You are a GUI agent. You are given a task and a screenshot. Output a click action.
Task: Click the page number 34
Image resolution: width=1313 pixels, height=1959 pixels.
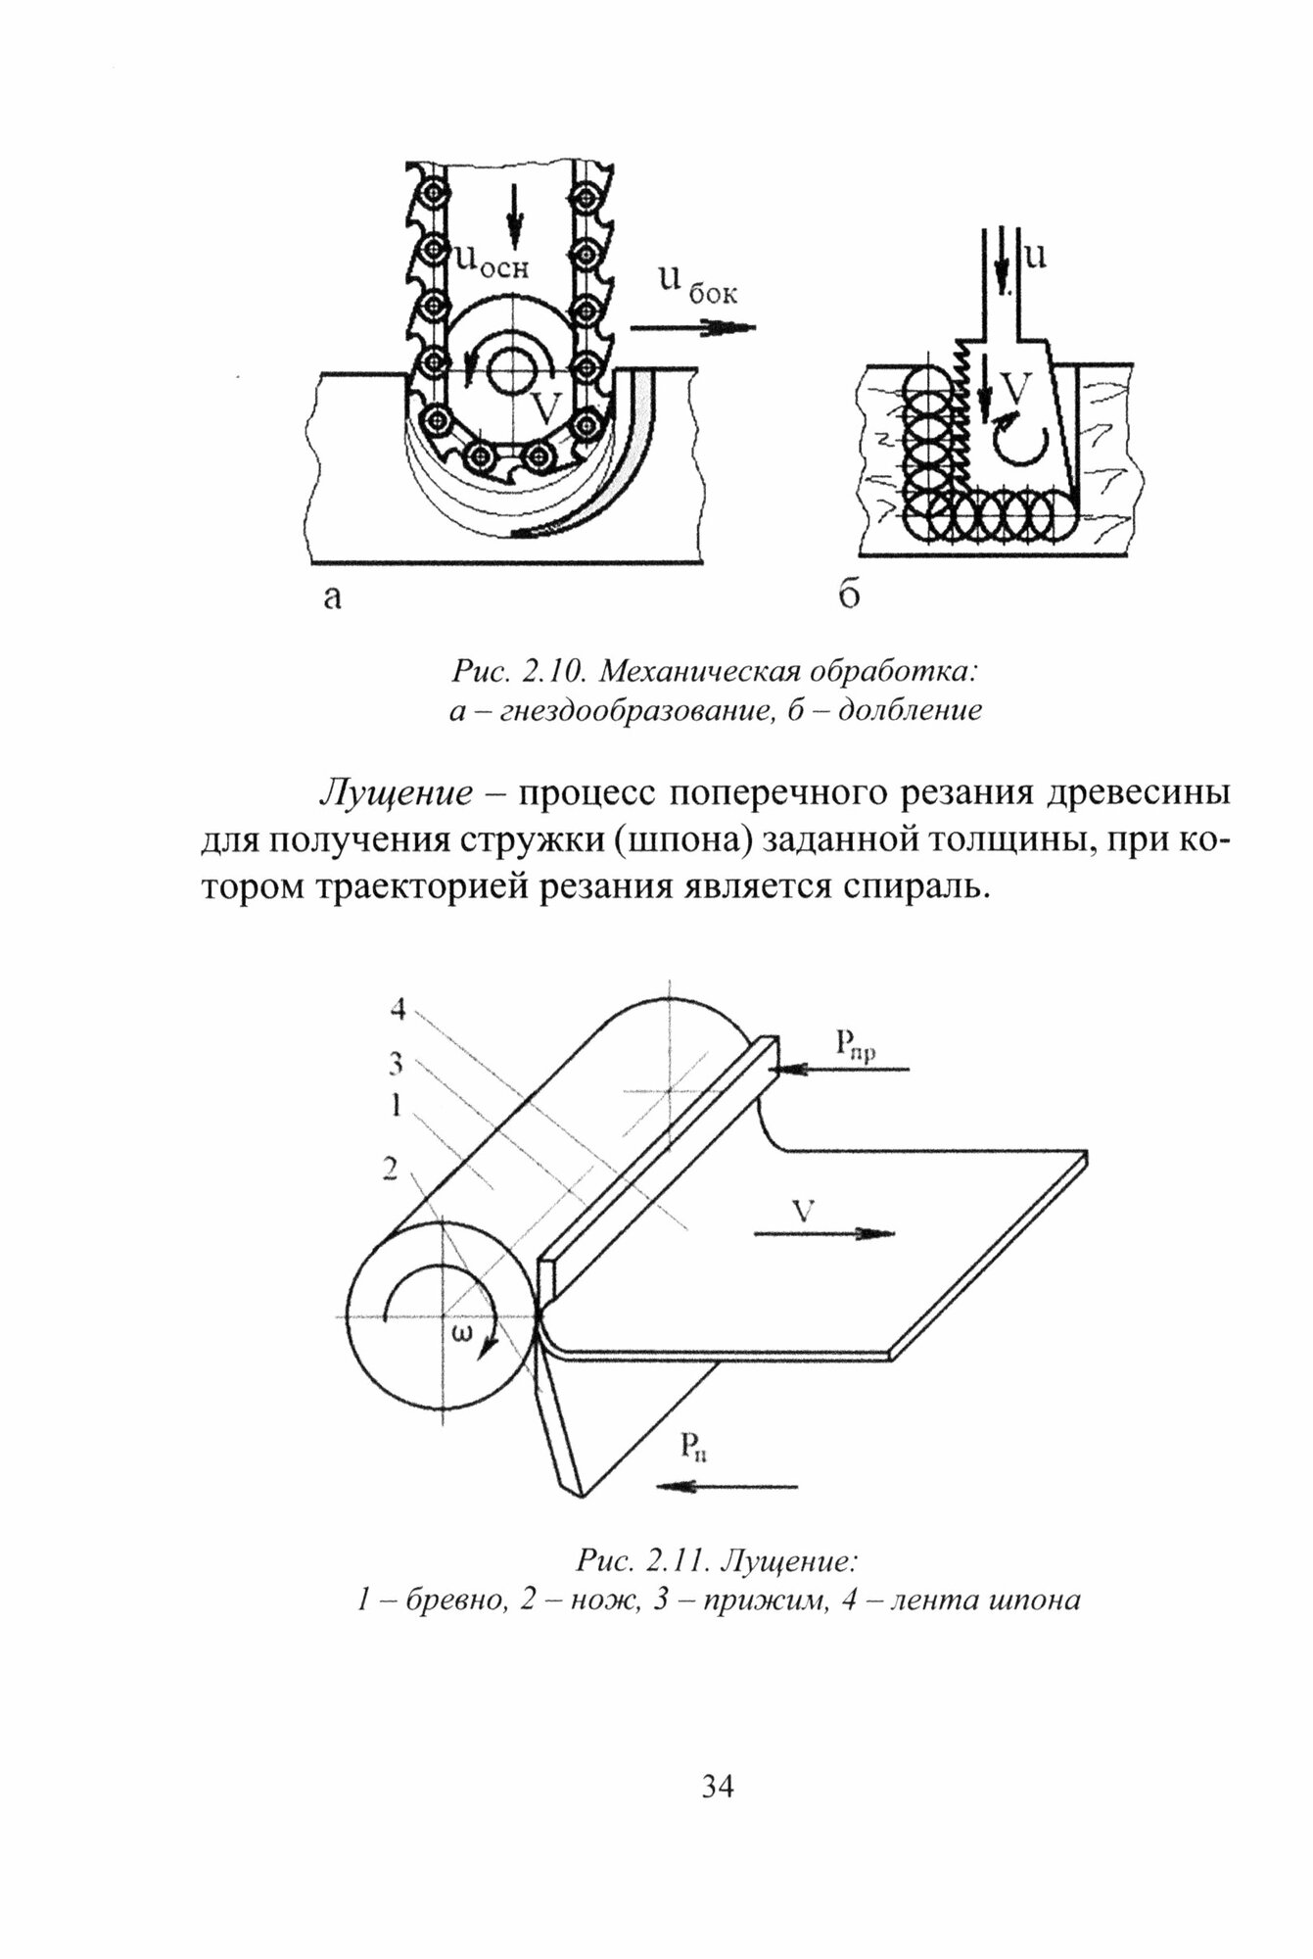[718, 1787]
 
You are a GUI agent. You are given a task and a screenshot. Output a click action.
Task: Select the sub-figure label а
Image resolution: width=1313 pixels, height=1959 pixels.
[333, 597]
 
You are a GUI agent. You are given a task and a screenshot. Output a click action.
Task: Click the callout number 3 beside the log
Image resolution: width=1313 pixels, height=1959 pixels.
[397, 1062]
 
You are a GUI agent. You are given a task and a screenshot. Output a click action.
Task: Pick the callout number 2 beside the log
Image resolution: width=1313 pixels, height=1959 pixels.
[391, 1170]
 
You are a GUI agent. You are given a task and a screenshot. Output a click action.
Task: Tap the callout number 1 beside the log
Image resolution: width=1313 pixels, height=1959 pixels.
[397, 1106]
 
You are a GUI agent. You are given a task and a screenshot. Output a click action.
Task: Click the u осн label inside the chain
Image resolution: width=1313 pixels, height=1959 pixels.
[492, 261]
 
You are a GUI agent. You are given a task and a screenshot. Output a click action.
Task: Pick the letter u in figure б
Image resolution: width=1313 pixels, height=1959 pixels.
[1035, 256]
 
